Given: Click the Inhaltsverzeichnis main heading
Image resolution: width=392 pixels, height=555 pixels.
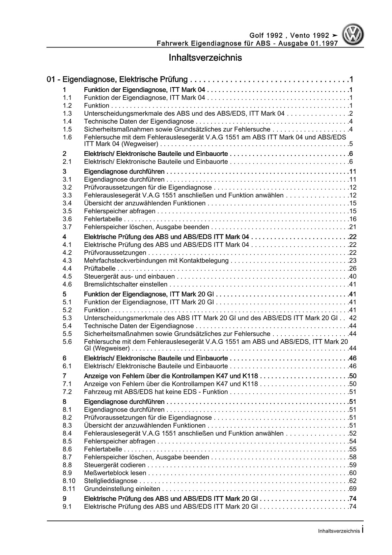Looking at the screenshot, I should [x=205, y=58].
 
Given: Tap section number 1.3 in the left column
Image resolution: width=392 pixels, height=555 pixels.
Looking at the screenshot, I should [x=67, y=113].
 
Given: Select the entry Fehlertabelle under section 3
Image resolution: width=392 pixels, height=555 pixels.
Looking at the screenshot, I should [x=103, y=219].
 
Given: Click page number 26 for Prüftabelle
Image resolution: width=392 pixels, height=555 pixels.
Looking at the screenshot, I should [x=352, y=269].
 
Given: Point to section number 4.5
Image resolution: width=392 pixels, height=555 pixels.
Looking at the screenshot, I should [x=67, y=277].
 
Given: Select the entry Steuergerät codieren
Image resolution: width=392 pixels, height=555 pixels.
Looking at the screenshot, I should [x=115, y=465].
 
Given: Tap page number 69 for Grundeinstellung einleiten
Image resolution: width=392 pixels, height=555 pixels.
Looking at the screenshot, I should [x=352, y=489].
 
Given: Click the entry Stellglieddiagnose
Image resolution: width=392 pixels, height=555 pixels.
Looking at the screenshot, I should [x=111, y=481].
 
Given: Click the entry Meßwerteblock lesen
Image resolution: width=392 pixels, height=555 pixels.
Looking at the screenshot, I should [x=115, y=473].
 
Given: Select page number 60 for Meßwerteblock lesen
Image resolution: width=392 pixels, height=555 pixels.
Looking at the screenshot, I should [x=352, y=473].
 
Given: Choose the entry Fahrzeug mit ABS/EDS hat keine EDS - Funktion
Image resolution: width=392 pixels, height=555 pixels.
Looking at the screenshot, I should [x=156, y=392].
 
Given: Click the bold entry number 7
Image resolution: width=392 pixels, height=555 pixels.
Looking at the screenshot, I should [x=65, y=376].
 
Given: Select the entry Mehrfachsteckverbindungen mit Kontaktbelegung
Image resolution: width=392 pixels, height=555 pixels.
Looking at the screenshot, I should [x=156, y=261].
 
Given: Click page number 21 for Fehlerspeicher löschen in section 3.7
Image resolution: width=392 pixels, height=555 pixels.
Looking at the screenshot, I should [x=352, y=227].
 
